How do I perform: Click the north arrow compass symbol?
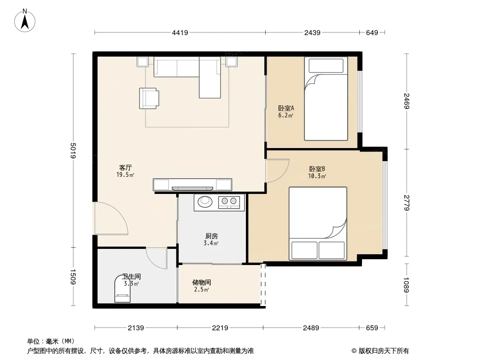point(25,21)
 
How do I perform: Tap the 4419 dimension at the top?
point(180,32)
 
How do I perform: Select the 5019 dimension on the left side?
point(73,150)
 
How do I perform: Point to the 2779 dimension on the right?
point(407,202)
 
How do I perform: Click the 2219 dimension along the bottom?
point(220,328)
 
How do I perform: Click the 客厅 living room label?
point(126,167)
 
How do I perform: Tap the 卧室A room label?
point(286,108)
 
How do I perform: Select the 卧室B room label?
point(317,169)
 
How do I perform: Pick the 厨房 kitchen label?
point(212,236)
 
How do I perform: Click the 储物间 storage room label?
point(201,282)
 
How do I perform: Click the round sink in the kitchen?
point(205,201)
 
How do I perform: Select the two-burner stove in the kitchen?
point(229,202)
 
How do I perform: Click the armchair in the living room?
point(149,98)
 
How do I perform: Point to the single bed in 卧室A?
point(326,99)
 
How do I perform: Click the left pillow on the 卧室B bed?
point(304,250)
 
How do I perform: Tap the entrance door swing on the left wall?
point(111,218)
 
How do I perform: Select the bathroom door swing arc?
point(157,258)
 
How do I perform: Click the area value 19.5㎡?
point(125,175)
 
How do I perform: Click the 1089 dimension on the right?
point(407,285)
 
